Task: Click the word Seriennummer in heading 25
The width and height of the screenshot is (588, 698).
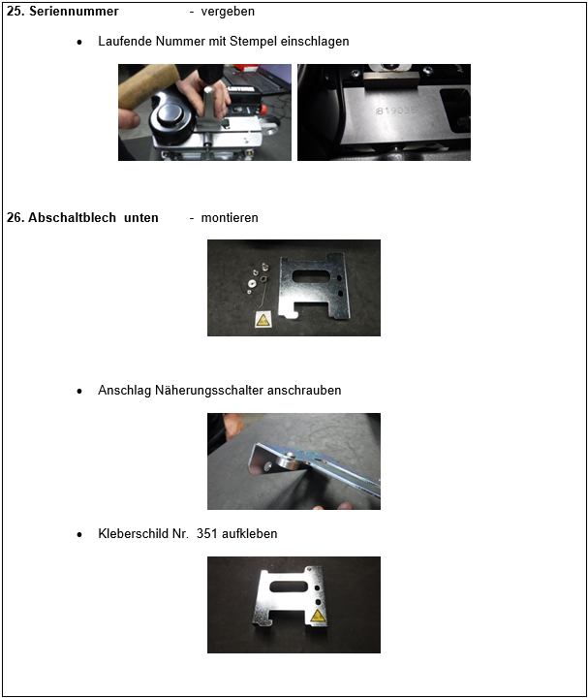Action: (74, 11)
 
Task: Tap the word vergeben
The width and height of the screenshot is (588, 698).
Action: (228, 12)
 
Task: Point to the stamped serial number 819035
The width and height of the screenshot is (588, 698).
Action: (395, 110)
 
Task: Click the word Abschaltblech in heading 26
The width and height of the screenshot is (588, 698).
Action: (72, 218)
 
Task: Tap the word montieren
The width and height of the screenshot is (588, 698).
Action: (230, 218)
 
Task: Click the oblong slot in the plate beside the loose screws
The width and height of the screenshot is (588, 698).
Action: (311, 276)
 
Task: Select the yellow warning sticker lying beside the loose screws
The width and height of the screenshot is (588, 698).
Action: (263, 319)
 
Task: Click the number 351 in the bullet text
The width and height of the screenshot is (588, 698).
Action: (207, 533)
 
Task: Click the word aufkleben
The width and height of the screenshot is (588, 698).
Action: (250, 533)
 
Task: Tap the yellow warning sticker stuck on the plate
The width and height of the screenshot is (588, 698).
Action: (318, 616)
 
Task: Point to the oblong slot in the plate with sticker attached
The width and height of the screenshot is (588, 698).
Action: (289, 587)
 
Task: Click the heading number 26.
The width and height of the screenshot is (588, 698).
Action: (16, 218)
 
